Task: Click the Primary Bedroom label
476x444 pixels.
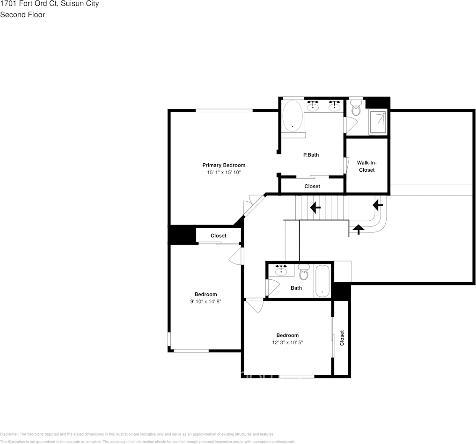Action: pyautogui.click(x=223, y=165)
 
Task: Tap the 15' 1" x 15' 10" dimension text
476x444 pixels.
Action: pyautogui.click(x=223, y=173)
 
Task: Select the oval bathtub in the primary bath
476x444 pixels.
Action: pyautogui.click(x=293, y=116)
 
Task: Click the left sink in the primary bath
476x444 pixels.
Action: pyautogui.click(x=313, y=107)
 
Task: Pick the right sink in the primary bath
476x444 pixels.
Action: pyautogui.click(x=334, y=107)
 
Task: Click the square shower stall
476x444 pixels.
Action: pyautogui.click(x=378, y=122)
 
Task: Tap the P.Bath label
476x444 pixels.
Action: pyautogui.click(x=311, y=155)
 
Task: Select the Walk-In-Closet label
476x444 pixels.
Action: pyautogui.click(x=366, y=166)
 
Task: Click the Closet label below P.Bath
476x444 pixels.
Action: pyautogui.click(x=312, y=186)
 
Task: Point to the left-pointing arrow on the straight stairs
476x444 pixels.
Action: pyautogui.click(x=315, y=206)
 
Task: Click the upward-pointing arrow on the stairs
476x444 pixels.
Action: pyautogui.click(x=359, y=229)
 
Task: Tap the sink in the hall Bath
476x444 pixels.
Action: pyautogui.click(x=281, y=271)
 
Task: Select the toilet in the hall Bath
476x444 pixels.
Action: pyautogui.click(x=304, y=272)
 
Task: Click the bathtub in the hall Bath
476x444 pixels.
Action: pyautogui.click(x=322, y=281)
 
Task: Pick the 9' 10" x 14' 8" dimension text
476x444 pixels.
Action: pyautogui.click(x=205, y=302)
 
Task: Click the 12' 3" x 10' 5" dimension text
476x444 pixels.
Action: pyautogui.click(x=287, y=342)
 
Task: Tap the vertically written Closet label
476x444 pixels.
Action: pyautogui.click(x=342, y=338)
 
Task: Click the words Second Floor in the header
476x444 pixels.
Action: pyautogui.click(x=22, y=15)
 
